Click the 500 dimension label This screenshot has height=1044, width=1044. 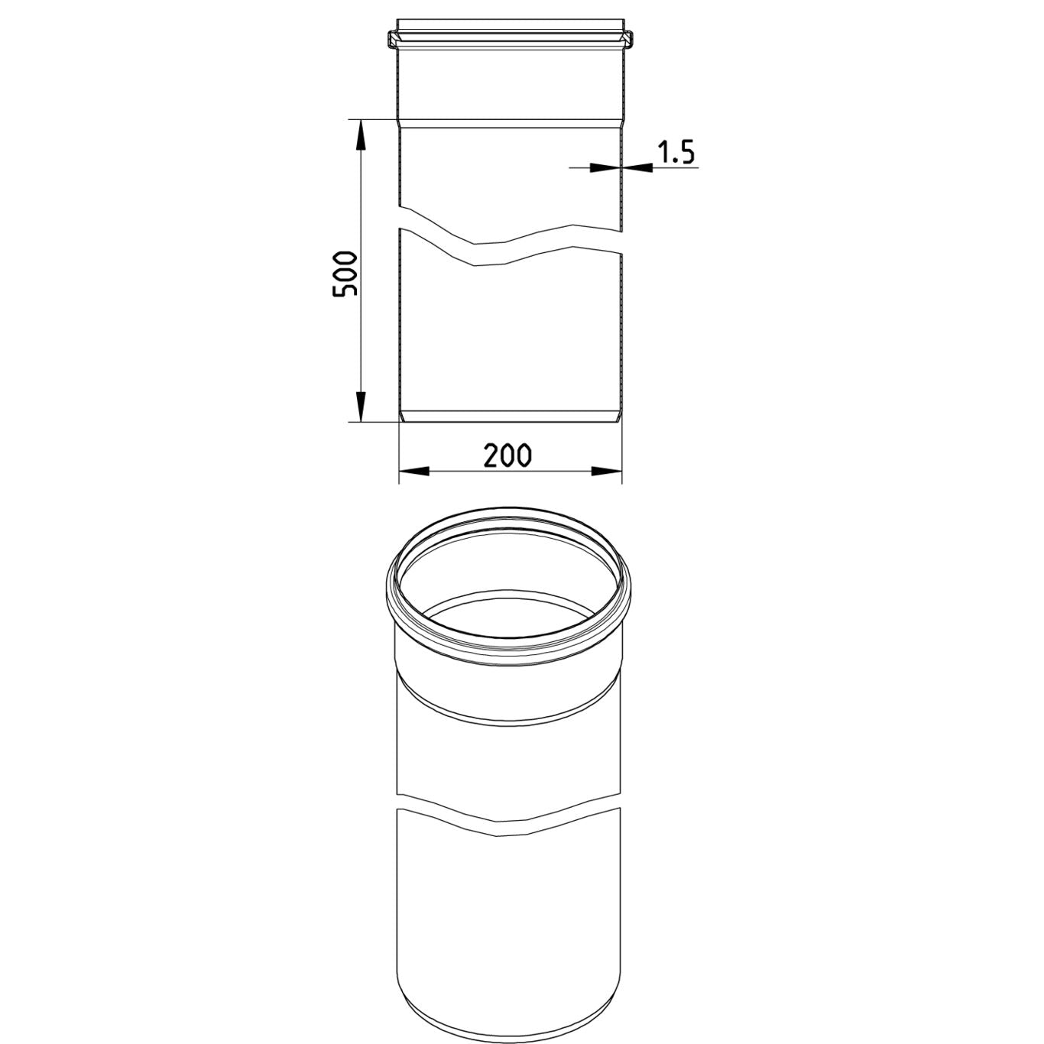345,273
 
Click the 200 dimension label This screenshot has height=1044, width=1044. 507,456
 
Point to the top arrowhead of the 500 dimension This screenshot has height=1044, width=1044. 360,133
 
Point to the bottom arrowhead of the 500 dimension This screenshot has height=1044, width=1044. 360,407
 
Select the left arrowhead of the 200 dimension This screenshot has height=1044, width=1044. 414,472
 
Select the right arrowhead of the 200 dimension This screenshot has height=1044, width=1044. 607,472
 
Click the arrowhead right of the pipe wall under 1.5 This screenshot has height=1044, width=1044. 637,168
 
